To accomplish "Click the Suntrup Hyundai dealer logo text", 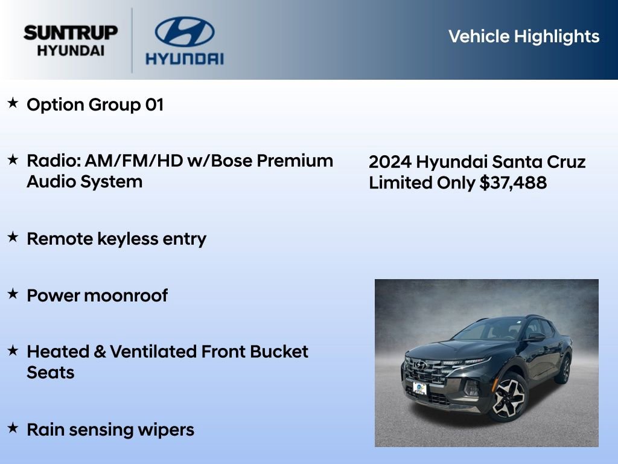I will point(71,40).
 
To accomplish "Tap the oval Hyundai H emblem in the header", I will point(184,31).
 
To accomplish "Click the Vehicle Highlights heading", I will point(524,36).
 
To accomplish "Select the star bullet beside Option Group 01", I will point(13,103).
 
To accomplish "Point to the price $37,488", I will point(513,183).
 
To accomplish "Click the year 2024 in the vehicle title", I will point(390,163).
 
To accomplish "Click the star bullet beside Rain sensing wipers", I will point(13,428).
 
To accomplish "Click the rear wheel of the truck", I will point(565,369).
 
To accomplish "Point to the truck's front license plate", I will point(419,388).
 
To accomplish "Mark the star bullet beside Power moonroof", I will point(13,294).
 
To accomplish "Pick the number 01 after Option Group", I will point(154,105).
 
